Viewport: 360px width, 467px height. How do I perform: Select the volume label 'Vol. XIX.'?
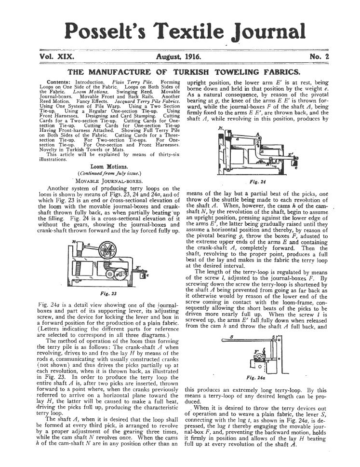56,57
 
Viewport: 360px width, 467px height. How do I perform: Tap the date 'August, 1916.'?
179,57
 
